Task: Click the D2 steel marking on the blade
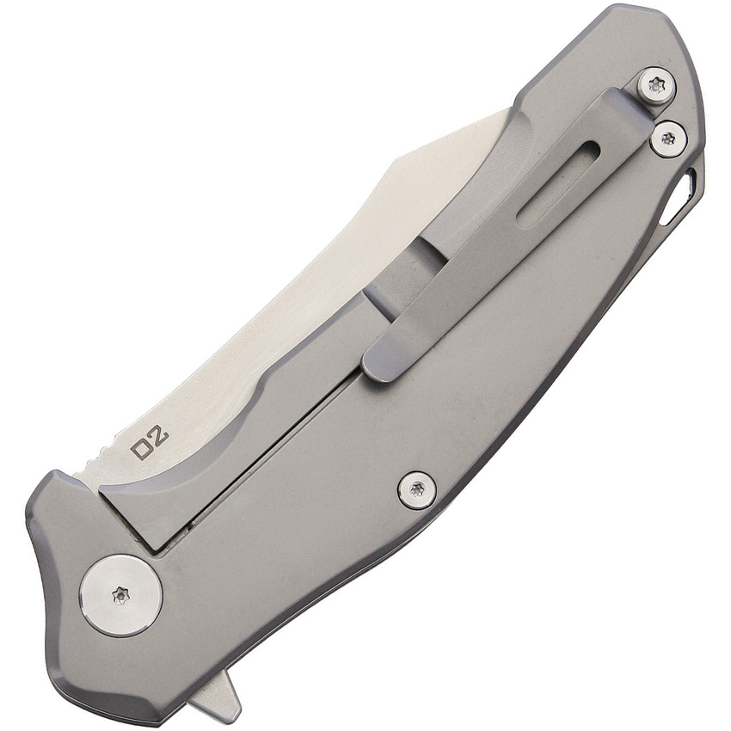(x=150, y=439)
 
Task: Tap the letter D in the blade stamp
(x=140, y=447)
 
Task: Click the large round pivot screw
(x=121, y=595)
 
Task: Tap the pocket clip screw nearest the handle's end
(x=656, y=85)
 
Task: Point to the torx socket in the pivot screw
(x=121, y=595)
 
